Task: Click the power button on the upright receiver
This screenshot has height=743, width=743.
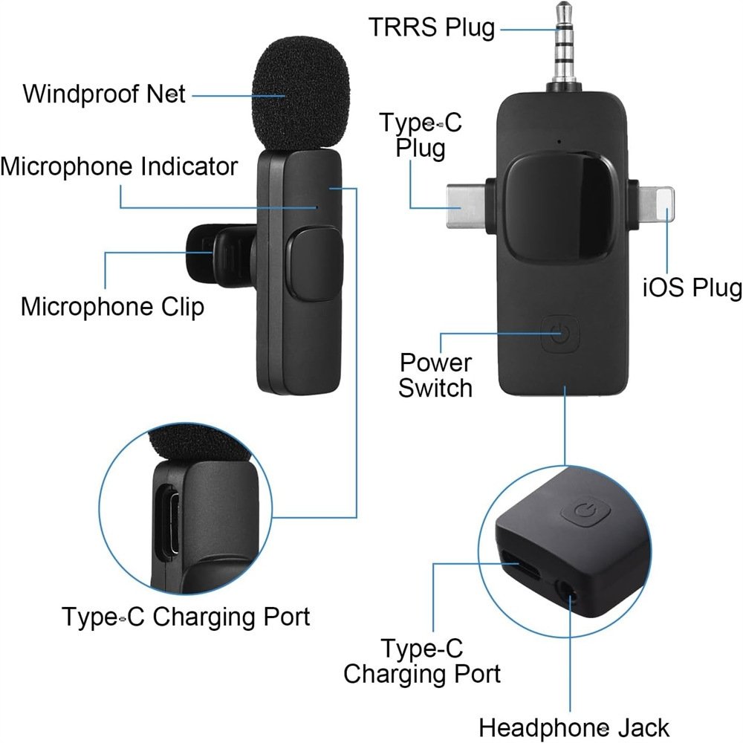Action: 562,335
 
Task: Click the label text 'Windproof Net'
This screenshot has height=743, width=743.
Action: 104,94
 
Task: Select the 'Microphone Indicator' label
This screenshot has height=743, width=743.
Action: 119,166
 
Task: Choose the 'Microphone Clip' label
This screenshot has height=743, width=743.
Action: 112,306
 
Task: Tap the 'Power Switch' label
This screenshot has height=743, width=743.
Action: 435,375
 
